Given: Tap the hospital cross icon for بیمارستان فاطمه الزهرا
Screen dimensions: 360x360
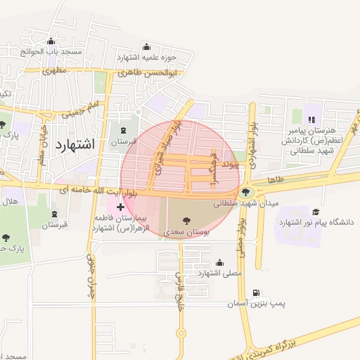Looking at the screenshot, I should pyautogui.click(x=121, y=207).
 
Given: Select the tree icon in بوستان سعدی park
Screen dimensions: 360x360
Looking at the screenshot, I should pyautogui.click(x=186, y=219).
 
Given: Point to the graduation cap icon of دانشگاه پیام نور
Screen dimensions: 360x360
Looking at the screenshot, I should pyautogui.click(x=316, y=212).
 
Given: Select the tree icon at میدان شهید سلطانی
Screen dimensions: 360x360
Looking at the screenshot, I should pyautogui.click(x=245, y=192).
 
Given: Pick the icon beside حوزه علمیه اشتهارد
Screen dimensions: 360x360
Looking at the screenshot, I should pyautogui.click(x=146, y=46).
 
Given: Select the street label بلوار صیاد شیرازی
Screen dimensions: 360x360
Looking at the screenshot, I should pyautogui.click(x=167, y=147).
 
